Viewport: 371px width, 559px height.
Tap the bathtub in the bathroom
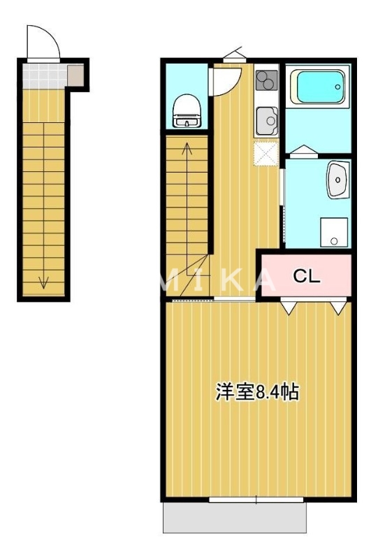click(319, 87)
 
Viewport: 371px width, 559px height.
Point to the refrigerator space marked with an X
click(266, 154)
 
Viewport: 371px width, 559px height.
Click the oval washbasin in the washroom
click(337, 182)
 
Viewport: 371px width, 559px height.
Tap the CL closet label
click(306, 276)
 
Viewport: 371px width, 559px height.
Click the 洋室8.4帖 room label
click(256, 393)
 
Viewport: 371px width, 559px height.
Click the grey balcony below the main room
click(235, 518)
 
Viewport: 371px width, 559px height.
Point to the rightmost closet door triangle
click(338, 307)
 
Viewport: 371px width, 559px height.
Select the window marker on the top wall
click(233, 53)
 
